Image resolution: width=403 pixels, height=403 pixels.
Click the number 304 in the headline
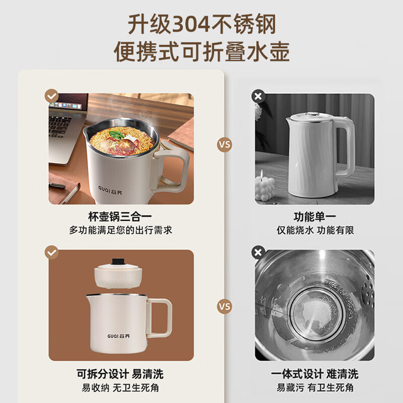[191, 25]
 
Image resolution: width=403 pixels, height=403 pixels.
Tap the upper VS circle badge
[224, 144]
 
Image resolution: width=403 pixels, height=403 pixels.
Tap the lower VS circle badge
[224, 307]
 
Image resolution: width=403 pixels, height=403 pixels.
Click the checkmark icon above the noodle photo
[52, 96]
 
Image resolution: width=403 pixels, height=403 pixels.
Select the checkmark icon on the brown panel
[52, 253]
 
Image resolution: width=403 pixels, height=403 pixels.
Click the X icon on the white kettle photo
[258, 96]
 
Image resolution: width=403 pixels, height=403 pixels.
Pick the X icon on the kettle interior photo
[258, 253]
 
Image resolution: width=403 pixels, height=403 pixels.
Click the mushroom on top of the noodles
[127, 145]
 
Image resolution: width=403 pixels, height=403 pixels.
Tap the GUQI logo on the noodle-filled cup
[110, 190]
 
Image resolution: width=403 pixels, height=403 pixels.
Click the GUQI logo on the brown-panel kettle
[118, 336]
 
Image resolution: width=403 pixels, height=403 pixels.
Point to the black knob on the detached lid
[118, 262]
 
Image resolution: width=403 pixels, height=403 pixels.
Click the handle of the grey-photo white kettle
[346, 147]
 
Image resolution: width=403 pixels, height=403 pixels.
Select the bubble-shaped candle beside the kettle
[264, 187]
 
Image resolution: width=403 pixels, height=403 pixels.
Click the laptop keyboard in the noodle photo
[60, 127]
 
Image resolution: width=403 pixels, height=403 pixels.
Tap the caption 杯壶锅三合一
[120, 217]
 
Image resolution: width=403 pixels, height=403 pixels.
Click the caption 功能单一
[315, 217]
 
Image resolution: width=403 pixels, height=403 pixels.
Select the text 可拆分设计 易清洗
[120, 374]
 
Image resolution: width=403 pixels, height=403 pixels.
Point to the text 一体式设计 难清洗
[315, 374]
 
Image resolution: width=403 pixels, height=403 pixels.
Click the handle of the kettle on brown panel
[159, 317]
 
